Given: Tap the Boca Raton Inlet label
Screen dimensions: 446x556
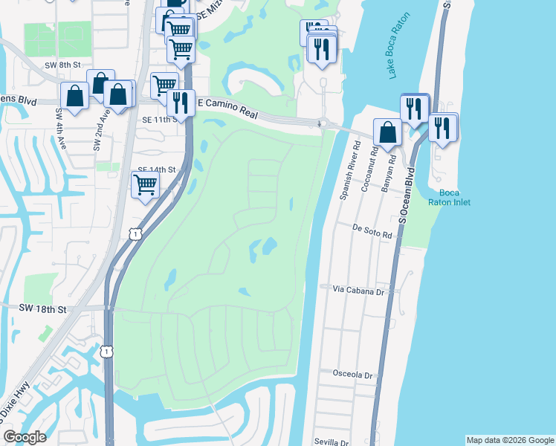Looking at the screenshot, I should [x=445, y=197].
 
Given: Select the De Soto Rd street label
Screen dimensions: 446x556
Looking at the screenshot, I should [x=372, y=233].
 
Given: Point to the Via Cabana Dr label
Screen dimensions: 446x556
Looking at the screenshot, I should [x=362, y=290].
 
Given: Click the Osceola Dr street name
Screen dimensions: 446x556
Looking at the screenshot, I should [x=353, y=375].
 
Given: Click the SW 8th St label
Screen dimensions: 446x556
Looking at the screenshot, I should [x=62, y=65].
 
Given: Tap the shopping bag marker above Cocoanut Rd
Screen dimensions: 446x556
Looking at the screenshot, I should [x=387, y=132].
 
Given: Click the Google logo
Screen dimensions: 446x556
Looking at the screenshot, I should [x=25, y=437].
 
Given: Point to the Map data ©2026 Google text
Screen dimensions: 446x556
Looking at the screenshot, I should [x=510, y=440].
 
